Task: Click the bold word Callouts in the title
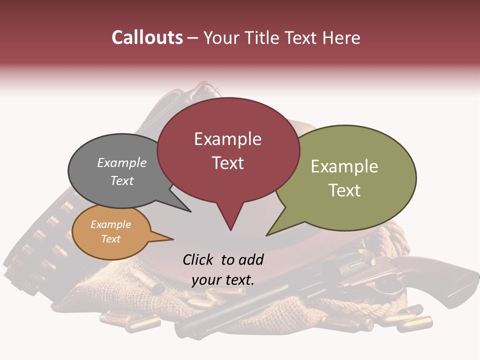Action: pyautogui.click(x=147, y=37)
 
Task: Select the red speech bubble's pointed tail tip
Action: pyautogui.click(x=230, y=230)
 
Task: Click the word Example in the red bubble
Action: pyautogui.click(x=227, y=139)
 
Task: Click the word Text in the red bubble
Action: pyautogui.click(x=227, y=163)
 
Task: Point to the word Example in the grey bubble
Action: pyautogui.click(x=121, y=162)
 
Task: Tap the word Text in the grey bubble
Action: pyautogui.click(x=121, y=180)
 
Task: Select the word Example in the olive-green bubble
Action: pyautogui.click(x=344, y=166)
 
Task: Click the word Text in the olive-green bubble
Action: pyautogui.click(x=344, y=190)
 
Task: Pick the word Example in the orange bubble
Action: pyautogui.click(x=110, y=224)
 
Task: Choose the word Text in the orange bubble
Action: pyautogui.click(x=110, y=239)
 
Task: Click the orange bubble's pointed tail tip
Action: pyautogui.click(x=173, y=239)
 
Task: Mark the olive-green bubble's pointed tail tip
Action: pyautogui.click(x=266, y=235)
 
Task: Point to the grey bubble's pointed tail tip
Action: pyautogui.click(x=191, y=212)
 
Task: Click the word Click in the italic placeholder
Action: pyautogui.click(x=199, y=259)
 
